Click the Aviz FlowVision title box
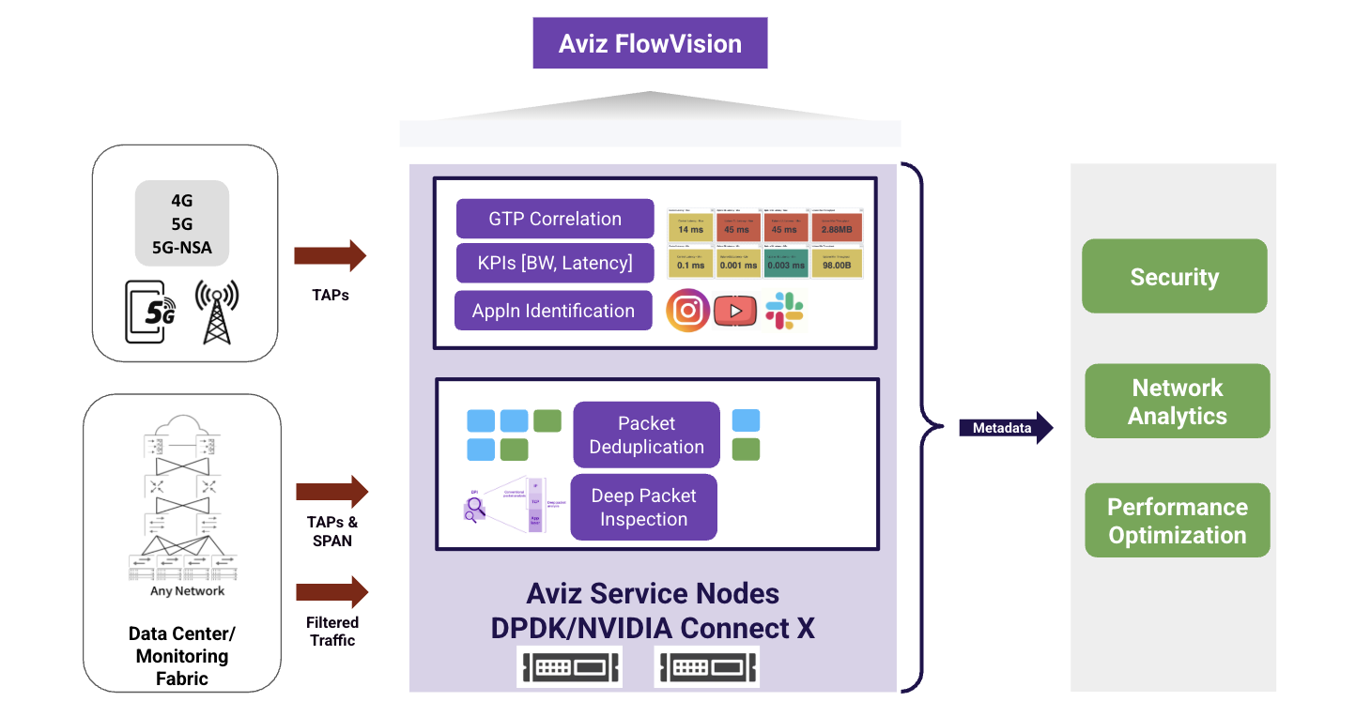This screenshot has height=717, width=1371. pos(650,43)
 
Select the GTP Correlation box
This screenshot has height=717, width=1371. pos(555,219)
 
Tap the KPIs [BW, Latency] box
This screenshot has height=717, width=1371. pos(555,263)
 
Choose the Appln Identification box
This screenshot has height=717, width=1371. pos(554,311)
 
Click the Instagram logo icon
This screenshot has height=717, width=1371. pos(687,311)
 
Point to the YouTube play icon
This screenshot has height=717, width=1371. pos(735,311)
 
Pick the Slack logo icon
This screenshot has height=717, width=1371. pos(784,311)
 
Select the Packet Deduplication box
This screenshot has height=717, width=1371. pos(646,435)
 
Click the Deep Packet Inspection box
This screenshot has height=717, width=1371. pos(643,507)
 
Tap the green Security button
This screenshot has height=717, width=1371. pos(1174,276)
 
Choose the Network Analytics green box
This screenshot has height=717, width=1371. pos(1177,402)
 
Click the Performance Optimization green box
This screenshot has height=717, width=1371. pos(1177,521)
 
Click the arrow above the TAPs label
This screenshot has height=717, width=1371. pos(330,256)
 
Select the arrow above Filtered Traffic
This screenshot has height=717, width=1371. pos(331,592)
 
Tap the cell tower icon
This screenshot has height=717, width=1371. pos(216,311)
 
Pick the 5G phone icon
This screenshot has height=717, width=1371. pos(150,313)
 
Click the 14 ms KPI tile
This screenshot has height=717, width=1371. pos(690,228)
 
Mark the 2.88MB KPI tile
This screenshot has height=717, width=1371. pos(836,228)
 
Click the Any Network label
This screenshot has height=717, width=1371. pos(188,591)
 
